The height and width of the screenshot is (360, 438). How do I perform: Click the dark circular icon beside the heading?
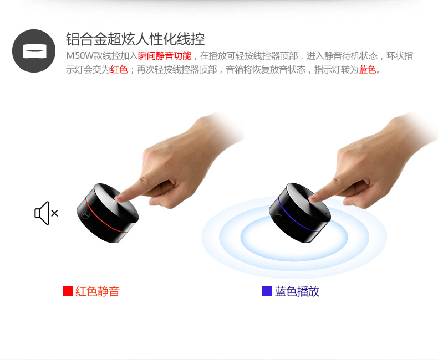(34, 51)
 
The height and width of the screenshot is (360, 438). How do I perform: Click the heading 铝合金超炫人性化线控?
(135, 39)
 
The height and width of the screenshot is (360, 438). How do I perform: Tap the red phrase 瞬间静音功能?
(165, 56)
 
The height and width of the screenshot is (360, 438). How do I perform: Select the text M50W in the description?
(79, 56)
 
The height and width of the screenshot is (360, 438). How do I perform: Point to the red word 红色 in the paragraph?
(119, 69)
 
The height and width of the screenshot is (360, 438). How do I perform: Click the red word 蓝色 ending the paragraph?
(368, 69)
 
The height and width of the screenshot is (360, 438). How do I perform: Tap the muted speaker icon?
(46, 213)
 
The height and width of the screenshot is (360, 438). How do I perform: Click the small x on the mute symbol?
(54, 213)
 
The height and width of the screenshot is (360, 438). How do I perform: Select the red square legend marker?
(68, 291)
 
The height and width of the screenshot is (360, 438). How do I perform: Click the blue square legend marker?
(267, 291)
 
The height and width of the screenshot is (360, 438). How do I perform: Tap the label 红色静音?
(98, 291)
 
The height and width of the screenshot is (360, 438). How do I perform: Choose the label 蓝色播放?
(297, 291)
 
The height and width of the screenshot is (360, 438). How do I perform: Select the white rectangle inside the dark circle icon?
(34, 51)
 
